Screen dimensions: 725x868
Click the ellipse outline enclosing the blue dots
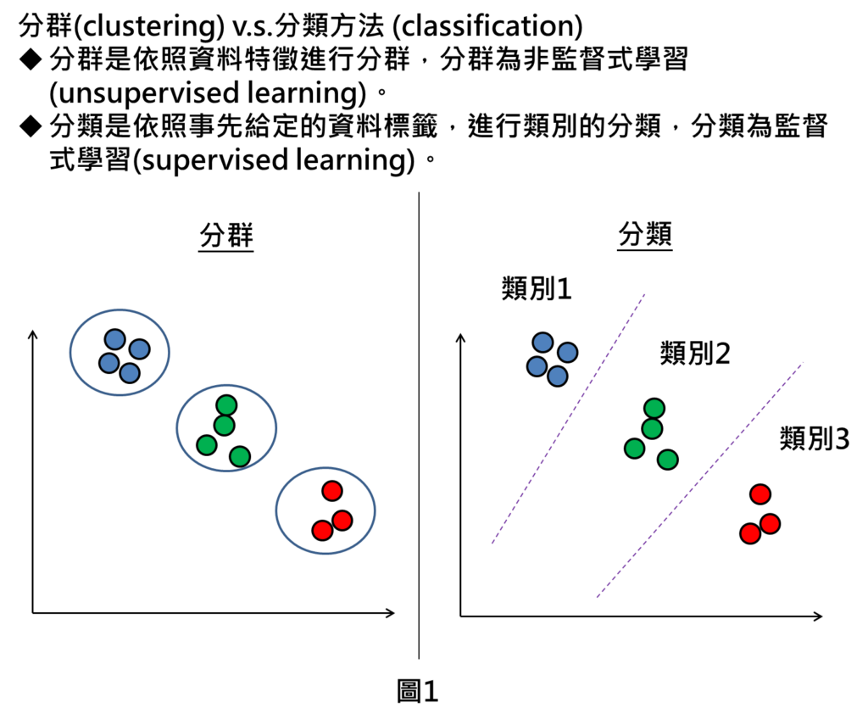(71, 352)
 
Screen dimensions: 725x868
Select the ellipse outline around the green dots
(177, 428)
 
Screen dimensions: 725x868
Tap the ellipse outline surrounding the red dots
(276, 510)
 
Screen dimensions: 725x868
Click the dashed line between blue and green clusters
(568, 419)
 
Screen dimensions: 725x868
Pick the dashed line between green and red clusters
(700, 479)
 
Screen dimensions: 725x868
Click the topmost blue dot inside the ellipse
(115, 339)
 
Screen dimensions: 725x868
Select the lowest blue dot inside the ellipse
(130, 373)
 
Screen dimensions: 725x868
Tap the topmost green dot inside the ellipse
(226, 405)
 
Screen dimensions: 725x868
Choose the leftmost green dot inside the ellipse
(207, 445)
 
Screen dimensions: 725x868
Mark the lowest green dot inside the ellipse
(240, 456)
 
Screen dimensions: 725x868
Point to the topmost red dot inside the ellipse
(332, 491)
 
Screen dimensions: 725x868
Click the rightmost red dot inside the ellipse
(342, 520)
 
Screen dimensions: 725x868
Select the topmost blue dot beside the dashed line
(542, 343)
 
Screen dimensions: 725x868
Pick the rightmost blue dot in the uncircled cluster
(568, 353)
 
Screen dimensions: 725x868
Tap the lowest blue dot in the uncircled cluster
(558, 376)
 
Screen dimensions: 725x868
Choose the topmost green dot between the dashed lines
(654, 409)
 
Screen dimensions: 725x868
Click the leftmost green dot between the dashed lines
(635, 449)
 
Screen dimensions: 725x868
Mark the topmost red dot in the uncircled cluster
(760, 494)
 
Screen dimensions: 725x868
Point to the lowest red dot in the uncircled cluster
(750, 533)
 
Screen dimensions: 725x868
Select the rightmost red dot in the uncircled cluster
(770, 524)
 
